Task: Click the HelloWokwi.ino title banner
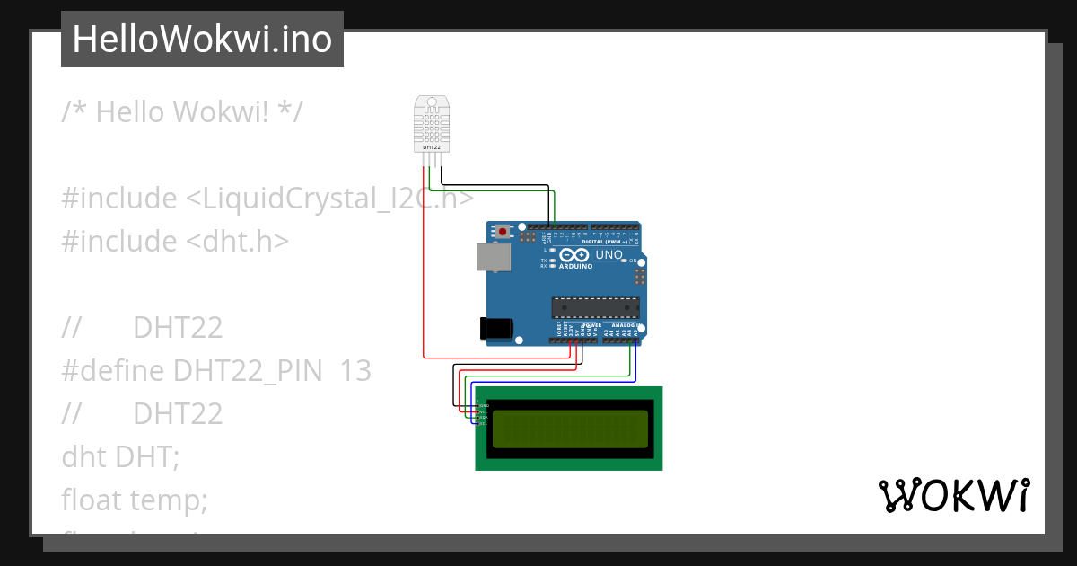(202, 40)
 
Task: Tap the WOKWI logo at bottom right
(953, 495)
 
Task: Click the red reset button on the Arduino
(503, 232)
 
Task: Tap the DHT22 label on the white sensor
(431, 146)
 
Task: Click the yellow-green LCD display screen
(569, 429)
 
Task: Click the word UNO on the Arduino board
(609, 255)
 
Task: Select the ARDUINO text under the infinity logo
(575, 267)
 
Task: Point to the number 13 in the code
(355, 371)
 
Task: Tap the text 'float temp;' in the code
(135, 500)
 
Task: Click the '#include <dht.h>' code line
(175, 242)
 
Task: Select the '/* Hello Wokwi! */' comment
(182, 112)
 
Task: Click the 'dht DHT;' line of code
(121, 456)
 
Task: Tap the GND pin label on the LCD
(484, 405)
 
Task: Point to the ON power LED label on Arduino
(633, 261)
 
